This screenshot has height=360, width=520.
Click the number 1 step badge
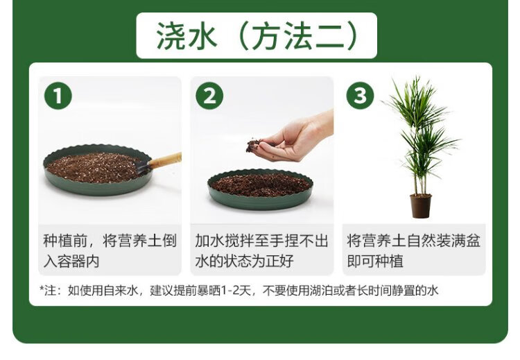[x=58, y=96]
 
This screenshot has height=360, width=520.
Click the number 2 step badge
[x=209, y=96]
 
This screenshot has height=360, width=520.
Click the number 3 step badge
[x=360, y=96]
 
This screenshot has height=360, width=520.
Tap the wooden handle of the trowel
[x=165, y=160]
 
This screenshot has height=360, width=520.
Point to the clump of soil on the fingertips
[x=254, y=146]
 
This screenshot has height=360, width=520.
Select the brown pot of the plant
[x=421, y=206]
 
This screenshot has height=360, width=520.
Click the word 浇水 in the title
[x=187, y=36]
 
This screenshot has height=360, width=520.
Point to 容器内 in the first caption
[x=78, y=262]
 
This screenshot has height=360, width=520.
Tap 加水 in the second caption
[x=209, y=241]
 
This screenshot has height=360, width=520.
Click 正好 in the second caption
[x=279, y=262]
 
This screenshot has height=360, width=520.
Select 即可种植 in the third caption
[x=375, y=262]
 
